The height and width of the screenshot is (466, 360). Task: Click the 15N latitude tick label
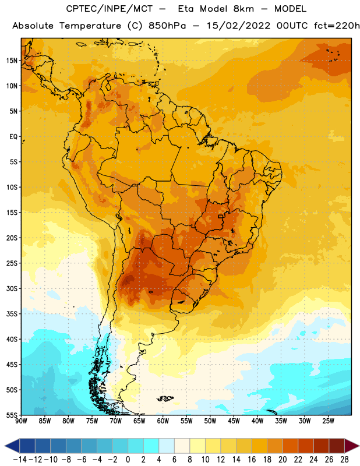(x=12, y=61)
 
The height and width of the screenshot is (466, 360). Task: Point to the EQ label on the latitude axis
(x=13, y=137)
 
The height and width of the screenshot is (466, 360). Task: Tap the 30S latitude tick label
(x=12, y=288)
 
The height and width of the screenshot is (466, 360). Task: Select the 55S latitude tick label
(x=12, y=415)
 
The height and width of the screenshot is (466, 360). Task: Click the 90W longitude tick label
(x=21, y=421)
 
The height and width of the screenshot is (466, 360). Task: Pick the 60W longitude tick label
(x=163, y=421)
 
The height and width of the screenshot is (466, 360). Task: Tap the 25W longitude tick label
(x=328, y=421)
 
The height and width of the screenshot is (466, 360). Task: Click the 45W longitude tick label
(x=234, y=421)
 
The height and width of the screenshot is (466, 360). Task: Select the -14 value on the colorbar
(x=20, y=460)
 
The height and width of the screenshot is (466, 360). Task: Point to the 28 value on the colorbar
(x=344, y=460)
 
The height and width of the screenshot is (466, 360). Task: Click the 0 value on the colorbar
(x=128, y=460)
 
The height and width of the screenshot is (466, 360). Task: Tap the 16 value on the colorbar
(x=252, y=460)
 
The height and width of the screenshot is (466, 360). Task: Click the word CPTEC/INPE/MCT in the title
(x=110, y=9)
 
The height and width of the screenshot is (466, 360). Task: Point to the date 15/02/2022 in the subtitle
(x=238, y=26)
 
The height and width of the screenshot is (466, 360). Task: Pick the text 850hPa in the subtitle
(x=167, y=26)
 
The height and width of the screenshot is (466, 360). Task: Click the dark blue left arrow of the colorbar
(x=12, y=446)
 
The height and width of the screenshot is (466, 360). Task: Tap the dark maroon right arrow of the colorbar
(x=352, y=446)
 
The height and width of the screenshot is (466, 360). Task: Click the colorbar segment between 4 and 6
(x=167, y=446)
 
